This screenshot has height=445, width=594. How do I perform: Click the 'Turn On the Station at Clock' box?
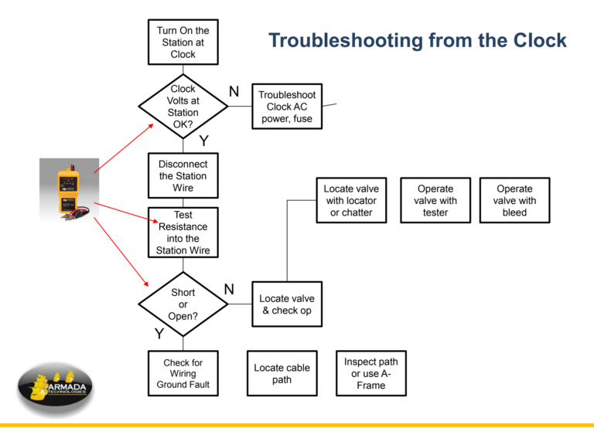click(183, 42)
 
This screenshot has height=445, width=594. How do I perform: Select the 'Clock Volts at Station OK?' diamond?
click(183, 107)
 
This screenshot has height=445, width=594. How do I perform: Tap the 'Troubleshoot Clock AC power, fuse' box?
click(287, 107)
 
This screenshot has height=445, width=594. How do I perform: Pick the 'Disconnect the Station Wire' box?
click(183, 176)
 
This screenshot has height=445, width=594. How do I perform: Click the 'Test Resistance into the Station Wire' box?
click(183, 233)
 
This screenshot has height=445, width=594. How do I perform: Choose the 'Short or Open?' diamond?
click(183, 304)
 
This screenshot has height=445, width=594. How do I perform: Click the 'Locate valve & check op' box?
click(287, 304)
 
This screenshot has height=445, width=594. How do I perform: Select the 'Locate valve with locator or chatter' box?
click(351, 201)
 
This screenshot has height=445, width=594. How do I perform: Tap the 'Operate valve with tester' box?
click(435, 201)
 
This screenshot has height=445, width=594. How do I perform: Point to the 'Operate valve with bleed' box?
click(514, 201)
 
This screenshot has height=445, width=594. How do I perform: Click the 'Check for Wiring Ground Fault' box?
click(183, 373)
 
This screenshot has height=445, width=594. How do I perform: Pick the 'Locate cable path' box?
click(282, 373)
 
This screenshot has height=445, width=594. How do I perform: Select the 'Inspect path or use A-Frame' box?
click(371, 373)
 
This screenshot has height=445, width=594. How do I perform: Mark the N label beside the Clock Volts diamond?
click(234, 92)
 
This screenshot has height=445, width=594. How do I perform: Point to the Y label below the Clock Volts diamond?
click(203, 141)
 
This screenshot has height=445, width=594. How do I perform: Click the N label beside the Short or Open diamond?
click(229, 289)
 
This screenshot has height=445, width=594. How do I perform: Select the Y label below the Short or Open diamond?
click(159, 335)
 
